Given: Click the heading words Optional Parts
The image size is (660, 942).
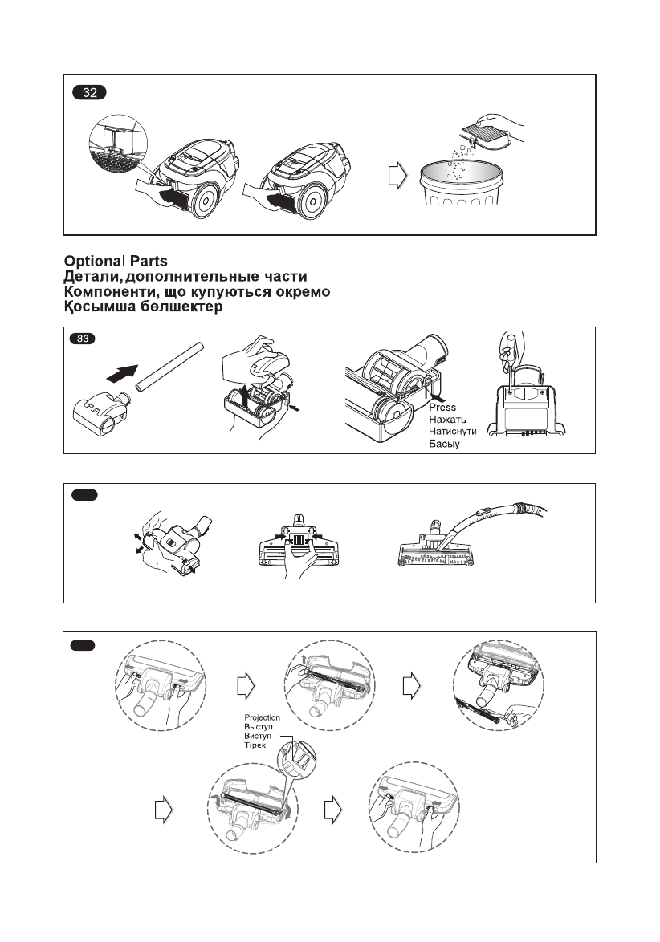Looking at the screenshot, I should (116, 262).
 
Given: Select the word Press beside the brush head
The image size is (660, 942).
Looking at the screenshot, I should (442, 408).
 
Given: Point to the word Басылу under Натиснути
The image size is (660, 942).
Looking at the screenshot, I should (443, 444).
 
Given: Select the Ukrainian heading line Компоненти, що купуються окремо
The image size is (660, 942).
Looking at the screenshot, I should (198, 291).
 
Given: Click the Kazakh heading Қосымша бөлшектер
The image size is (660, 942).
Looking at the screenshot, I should (144, 307).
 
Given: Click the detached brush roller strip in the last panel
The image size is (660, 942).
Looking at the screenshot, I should (482, 711).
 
